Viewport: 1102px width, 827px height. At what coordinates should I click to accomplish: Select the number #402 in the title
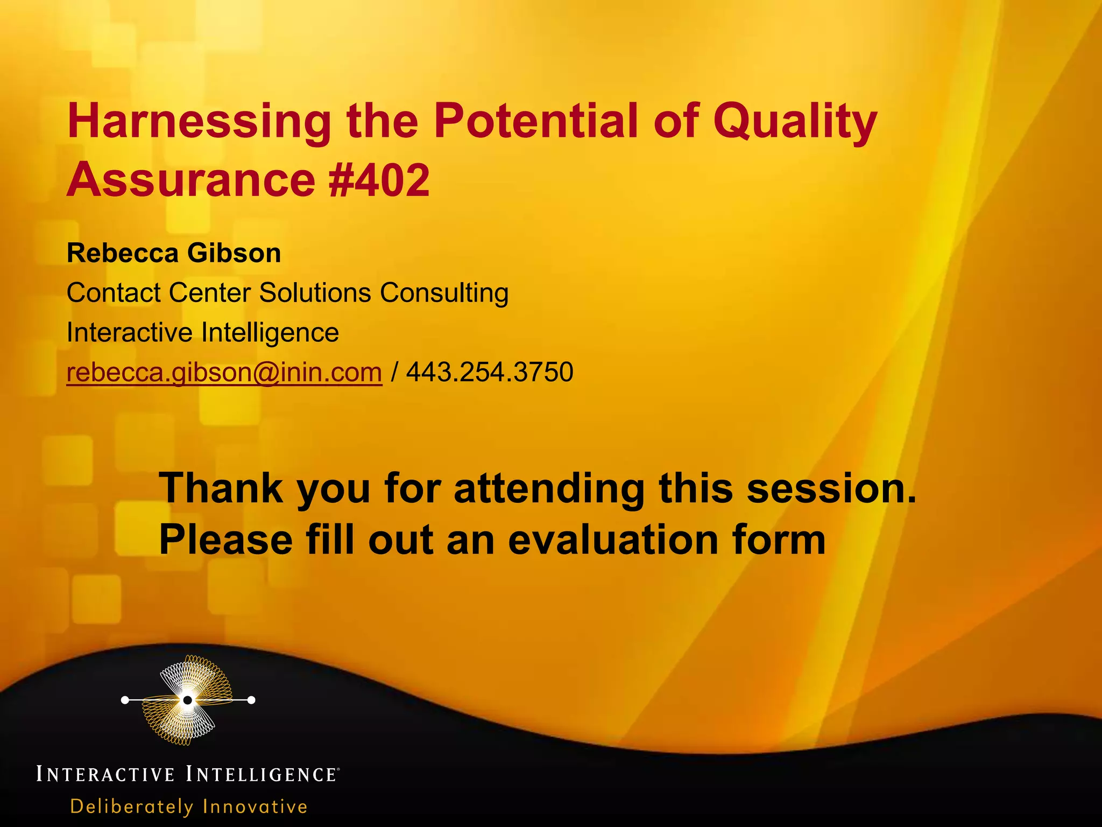coord(379,180)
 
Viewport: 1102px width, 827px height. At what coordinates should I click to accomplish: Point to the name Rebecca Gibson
coord(174,253)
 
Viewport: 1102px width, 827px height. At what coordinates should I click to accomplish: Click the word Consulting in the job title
coord(444,293)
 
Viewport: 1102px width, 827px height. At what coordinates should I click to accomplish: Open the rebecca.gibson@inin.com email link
coord(224,372)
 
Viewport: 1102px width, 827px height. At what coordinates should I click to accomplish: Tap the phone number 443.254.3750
coord(490,372)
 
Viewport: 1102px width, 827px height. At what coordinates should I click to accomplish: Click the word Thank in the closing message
coord(221,488)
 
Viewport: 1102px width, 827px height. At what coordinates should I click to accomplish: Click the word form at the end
coord(775,539)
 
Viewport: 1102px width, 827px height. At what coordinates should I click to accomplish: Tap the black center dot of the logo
coord(187,700)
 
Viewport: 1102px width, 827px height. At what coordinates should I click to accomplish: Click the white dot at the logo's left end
coord(125,700)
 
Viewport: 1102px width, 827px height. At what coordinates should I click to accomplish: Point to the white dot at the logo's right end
coord(251,700)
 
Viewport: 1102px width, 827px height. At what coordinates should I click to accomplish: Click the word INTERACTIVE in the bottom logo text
coord(105,774)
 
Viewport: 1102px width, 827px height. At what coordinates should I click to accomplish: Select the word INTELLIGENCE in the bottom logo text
coord(262,774)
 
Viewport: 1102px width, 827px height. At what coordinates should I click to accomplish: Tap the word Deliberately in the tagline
coord(132,807)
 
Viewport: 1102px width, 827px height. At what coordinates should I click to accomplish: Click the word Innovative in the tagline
coord(255,807)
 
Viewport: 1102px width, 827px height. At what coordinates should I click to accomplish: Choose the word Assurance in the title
coord(191,180)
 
